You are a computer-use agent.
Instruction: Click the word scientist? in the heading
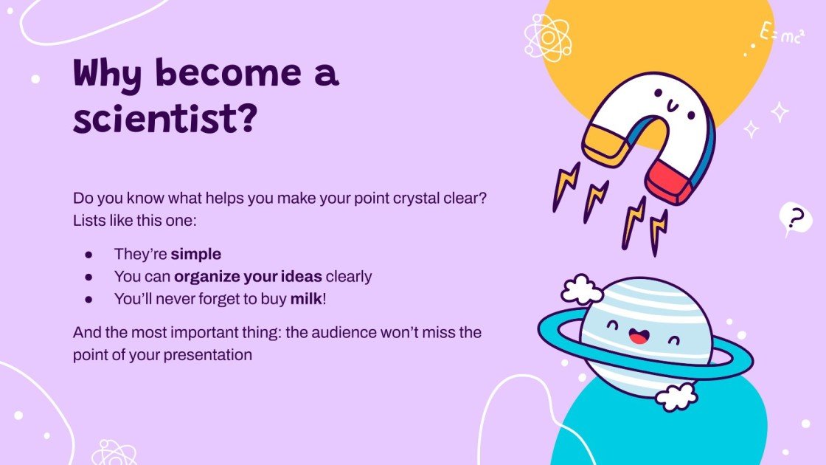(x=164, y=120)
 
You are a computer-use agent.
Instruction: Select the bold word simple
(x=195, y=255)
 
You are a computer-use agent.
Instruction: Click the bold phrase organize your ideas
(x=248, y=277)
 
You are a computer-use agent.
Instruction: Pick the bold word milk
(x=305, y=300)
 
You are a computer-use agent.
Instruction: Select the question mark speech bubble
(x=794, y=218)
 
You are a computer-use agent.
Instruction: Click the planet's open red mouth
(x=637, y=338)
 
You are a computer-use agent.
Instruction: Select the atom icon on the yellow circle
(x=547, y=36)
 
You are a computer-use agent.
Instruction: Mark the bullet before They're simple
(x=88, y=255)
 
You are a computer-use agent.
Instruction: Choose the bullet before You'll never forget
(x=88, y=300)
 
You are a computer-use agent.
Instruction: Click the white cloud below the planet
(x=676, y=396)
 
